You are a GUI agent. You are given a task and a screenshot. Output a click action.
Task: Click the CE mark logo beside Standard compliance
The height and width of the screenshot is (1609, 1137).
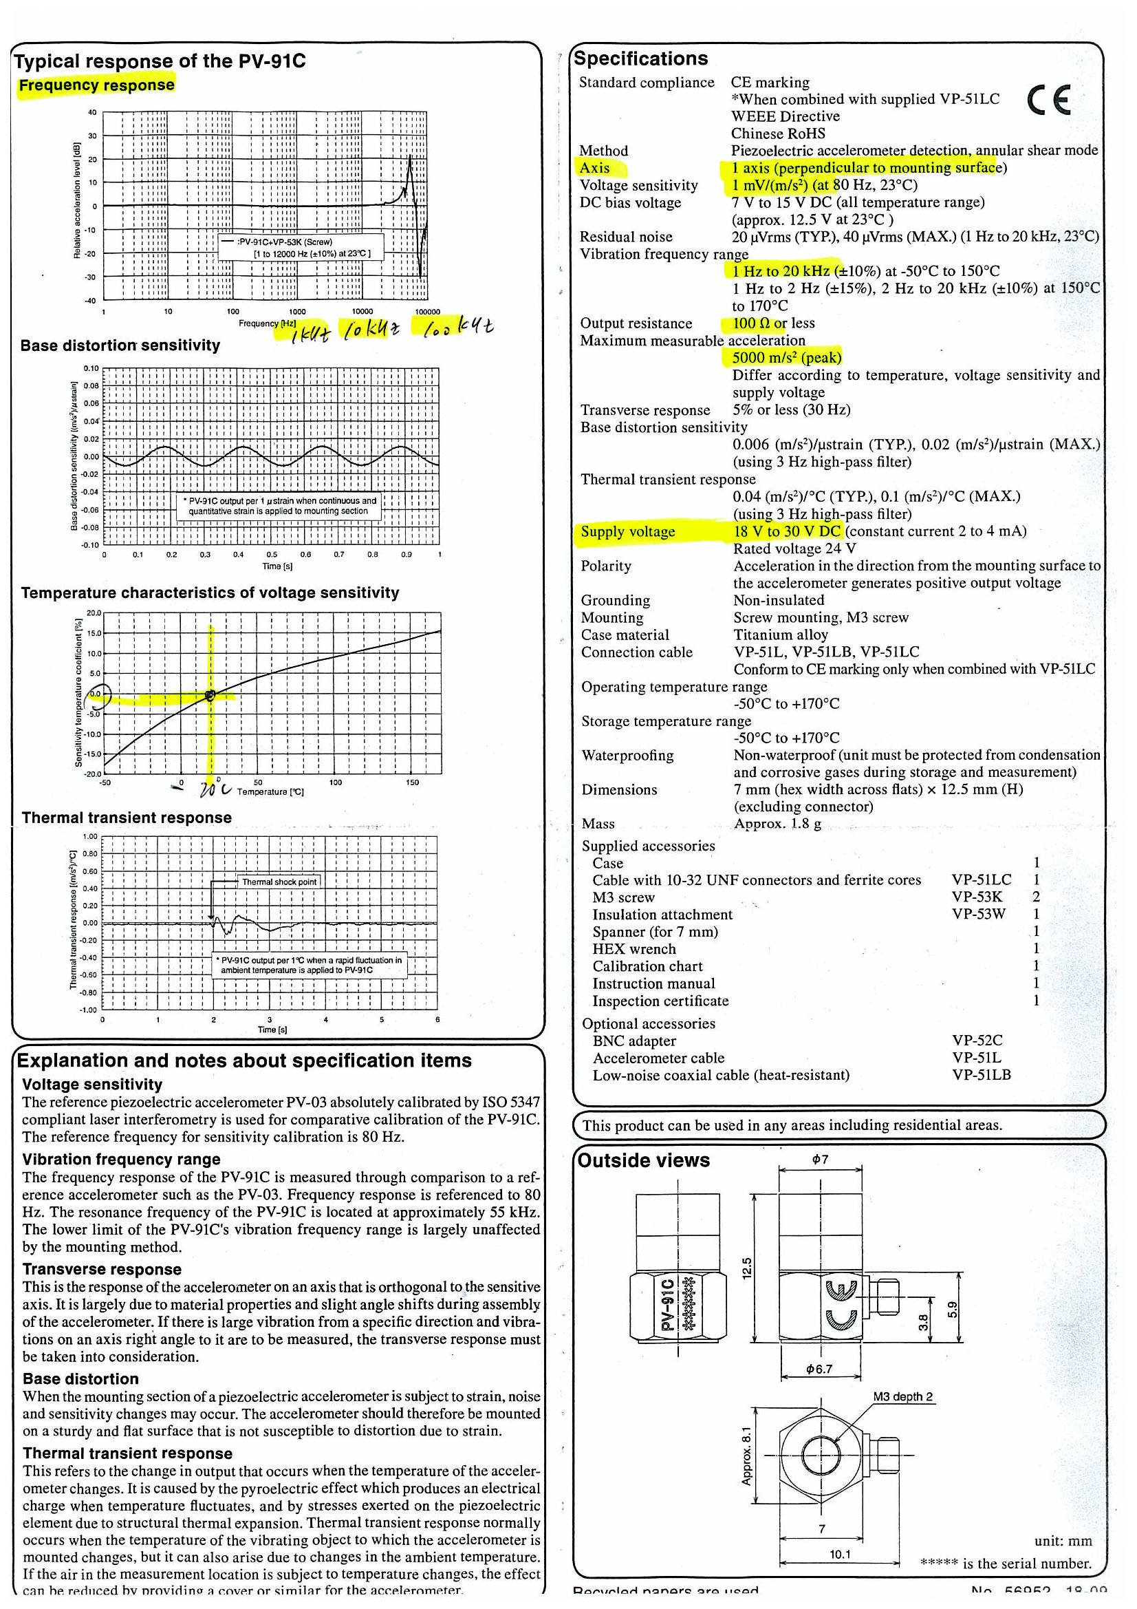tap(1048, 100)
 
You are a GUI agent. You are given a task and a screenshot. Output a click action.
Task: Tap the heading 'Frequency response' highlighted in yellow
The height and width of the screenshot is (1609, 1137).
tap(97, 85)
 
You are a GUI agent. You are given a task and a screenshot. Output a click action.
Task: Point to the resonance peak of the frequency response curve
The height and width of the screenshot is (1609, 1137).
tap(409, 158)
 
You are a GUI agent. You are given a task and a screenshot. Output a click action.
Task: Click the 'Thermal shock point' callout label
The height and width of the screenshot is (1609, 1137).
tap(279, 882)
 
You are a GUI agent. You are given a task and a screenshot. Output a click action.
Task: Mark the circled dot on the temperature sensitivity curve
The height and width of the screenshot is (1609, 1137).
tap(210, 695)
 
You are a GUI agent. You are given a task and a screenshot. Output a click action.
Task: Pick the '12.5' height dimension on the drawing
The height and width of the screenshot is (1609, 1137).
tap(747, 1268)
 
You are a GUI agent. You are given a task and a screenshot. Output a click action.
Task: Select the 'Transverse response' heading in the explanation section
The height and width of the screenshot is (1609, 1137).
tap(102, 1269)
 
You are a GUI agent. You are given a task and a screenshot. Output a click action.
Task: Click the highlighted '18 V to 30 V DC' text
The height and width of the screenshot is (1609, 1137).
tap(787, 531)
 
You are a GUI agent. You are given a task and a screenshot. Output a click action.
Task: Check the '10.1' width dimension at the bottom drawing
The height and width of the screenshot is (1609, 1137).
tap(839, 1555)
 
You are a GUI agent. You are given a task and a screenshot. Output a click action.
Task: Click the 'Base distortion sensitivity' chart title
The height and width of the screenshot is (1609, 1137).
tap(120, 345)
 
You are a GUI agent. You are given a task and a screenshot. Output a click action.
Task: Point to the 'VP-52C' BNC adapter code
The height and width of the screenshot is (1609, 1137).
tap(977, 1041)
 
